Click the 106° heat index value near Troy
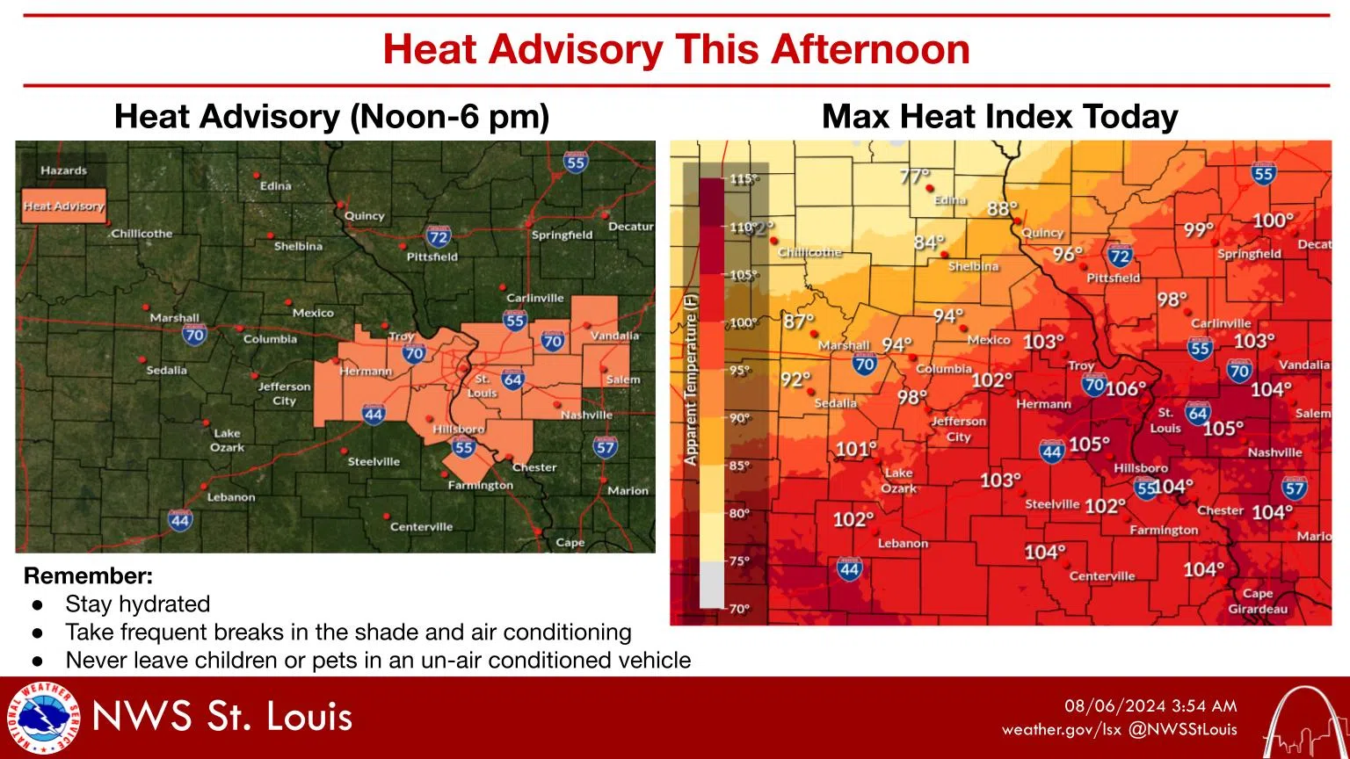(x=1126, y=387)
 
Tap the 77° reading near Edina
(x=915, y=176)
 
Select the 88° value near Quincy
(x=1002, y=208)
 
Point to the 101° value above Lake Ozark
(x=855, y=449)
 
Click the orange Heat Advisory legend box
(x=63, y=206)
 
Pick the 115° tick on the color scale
(x=743, y=179)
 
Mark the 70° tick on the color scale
(x=739, y=609)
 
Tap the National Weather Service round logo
(x=42, y=718)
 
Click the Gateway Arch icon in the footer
(x=1301, y=721)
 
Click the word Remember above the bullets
(x=88, y=576)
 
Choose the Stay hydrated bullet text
(x=138, y=604)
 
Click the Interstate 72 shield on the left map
(x=438, y=236)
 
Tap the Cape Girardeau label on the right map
(x=1258, y=601)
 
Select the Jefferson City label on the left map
(x=284, y=393)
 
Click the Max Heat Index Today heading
(x=999, y=117)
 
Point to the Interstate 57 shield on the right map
(x=1294, y=488)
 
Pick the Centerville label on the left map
(x=421, y=527)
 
